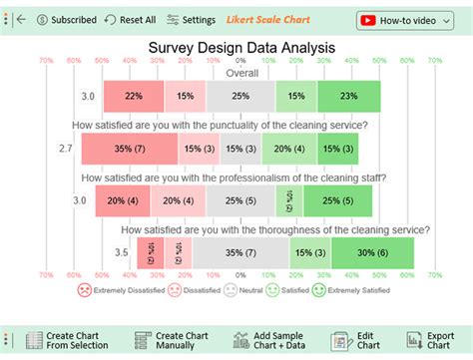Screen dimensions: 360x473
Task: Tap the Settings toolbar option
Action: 191,19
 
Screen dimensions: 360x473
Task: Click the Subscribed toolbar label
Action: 66,19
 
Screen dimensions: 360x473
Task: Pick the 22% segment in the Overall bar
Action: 135,96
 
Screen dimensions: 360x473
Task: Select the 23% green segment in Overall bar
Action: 346,96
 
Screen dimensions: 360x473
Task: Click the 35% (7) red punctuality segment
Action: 130,148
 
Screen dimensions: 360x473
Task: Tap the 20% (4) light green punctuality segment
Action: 289,148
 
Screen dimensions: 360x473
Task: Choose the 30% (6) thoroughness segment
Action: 371,252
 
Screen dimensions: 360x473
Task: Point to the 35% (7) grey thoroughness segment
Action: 235,252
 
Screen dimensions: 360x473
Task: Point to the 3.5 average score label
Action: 121,252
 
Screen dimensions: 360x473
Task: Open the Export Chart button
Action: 432,340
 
